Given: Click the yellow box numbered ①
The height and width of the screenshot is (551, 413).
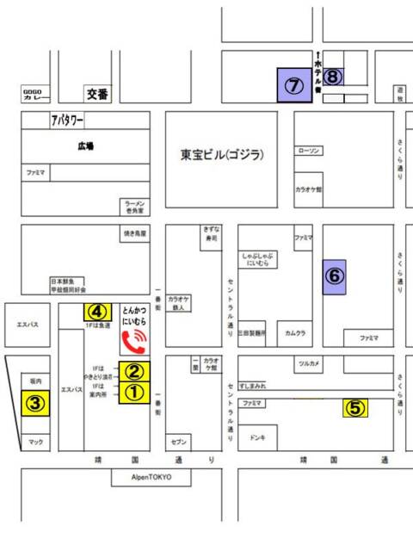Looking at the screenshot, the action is [135, 392].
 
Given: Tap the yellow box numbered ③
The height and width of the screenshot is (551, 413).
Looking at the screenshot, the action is [34, 403].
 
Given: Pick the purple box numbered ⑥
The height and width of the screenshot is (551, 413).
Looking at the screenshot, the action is [334, 276].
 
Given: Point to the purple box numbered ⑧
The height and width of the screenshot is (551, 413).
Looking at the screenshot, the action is [334, 77].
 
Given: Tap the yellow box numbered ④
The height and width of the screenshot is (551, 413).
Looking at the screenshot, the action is [98, 311].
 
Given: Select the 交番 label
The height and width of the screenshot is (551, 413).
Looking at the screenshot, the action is [98, 93].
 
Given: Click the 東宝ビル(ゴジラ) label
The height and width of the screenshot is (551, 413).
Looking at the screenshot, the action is [222, 156].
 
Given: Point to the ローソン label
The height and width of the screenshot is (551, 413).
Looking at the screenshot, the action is [309, 150].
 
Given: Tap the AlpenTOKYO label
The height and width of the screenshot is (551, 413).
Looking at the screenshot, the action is [151, 477].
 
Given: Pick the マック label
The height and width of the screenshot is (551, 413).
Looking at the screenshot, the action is [35, 443].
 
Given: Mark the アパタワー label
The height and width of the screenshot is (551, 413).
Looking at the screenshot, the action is [67, 120].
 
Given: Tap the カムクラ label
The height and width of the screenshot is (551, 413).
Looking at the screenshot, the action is [297, 331].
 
